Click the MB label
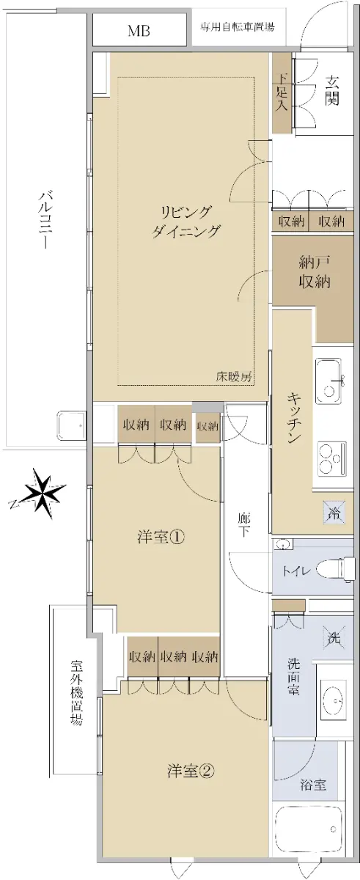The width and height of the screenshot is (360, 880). click(139, 31)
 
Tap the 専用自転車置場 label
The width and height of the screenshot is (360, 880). click(238, 26)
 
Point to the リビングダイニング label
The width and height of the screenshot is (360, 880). click(185, 222)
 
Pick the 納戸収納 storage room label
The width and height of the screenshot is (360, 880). click(315, 272)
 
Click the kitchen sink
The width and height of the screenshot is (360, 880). click(328, 381)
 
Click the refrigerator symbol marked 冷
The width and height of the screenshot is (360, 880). click(334, 513)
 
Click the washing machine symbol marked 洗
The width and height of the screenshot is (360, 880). click(334, 637)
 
